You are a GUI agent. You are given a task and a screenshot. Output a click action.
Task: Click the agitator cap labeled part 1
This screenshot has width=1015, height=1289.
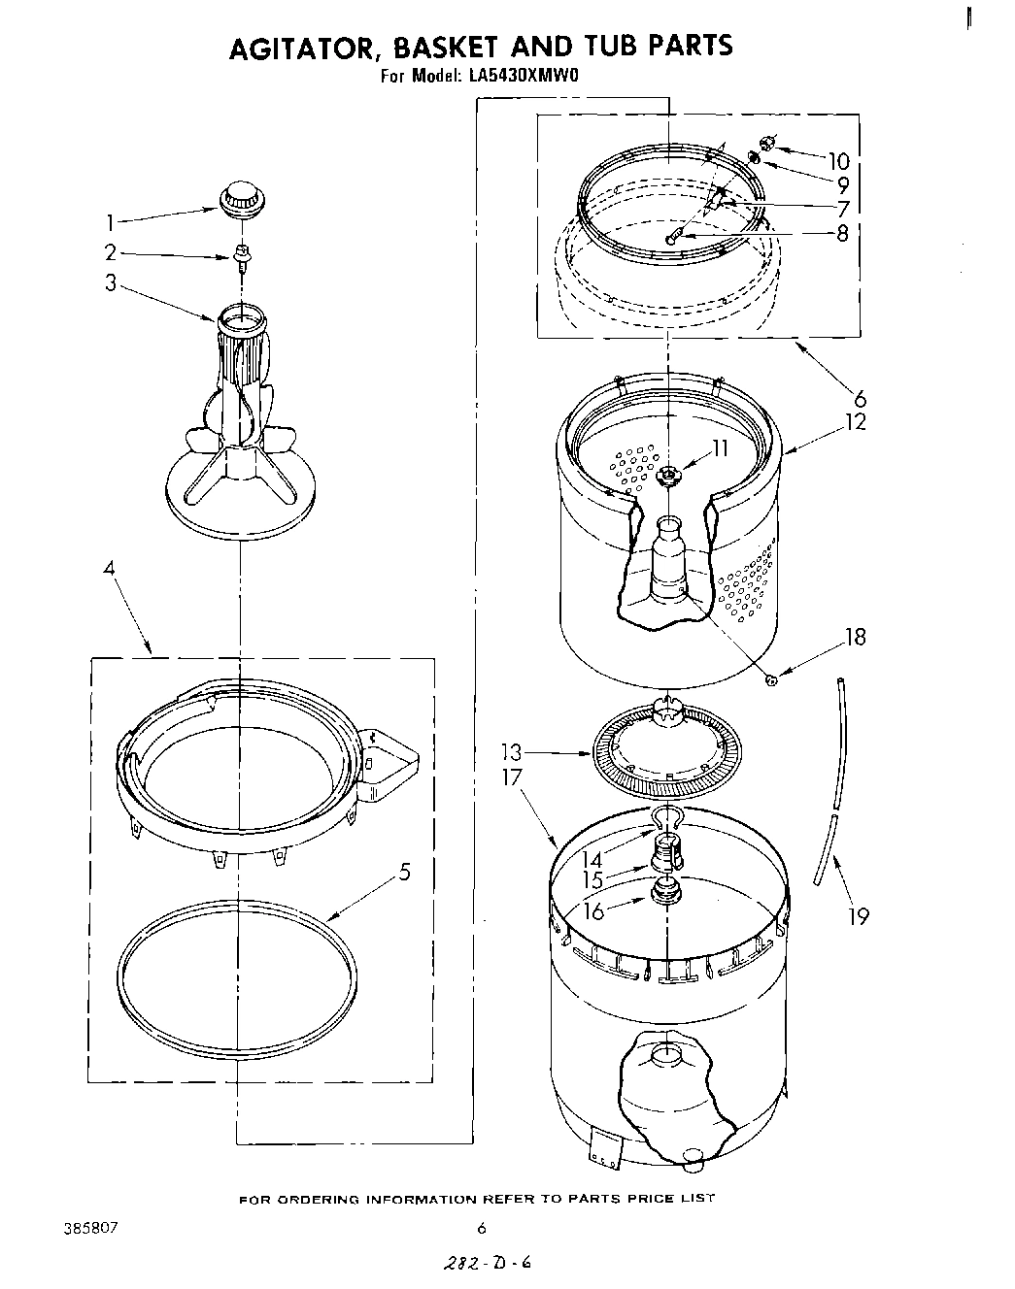pos(241,199)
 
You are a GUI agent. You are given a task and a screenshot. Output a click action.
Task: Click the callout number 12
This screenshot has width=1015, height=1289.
pos(855,422)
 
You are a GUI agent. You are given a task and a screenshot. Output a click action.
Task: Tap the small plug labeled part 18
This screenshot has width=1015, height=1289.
pos(771,680)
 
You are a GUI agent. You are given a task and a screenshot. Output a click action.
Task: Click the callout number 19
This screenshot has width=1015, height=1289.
pos(858,915)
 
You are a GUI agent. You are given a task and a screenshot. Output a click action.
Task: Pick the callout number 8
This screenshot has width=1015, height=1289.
pos(841,233)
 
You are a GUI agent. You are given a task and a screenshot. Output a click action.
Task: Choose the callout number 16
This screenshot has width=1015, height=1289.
pos(592,909)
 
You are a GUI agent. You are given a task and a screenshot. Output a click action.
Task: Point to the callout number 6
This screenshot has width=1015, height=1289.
pos(860,398)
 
